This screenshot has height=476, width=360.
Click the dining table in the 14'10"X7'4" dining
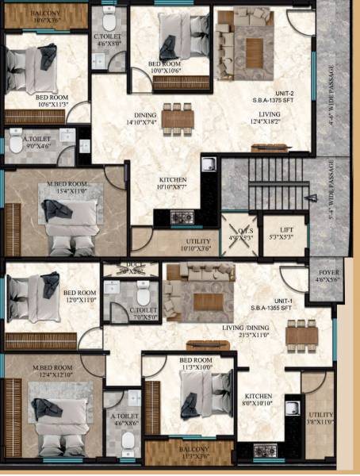[x=178, y=117]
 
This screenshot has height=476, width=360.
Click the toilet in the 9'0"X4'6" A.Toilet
[x=16, y=146]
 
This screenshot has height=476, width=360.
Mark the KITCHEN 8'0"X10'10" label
[x=259, y=401]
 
